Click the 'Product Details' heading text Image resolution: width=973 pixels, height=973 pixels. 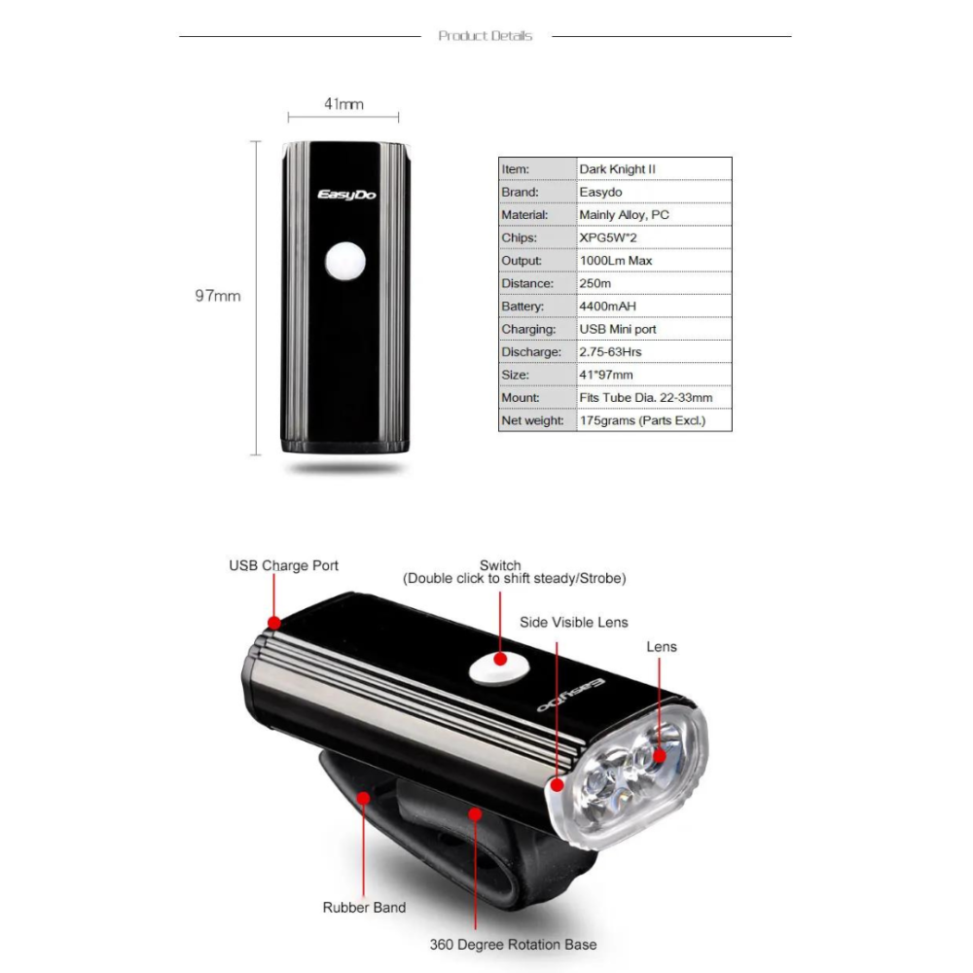[486, 36]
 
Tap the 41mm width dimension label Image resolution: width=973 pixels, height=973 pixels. [343, 103]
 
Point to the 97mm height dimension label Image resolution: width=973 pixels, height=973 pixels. [217, 296]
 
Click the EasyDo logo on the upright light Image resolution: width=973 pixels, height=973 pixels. [347, 196]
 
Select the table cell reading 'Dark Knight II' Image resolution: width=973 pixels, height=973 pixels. [617, 169]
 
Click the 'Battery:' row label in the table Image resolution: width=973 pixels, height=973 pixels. [523, 306]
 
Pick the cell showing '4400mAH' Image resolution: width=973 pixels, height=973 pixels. [607, 306]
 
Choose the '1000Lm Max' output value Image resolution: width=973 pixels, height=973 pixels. [615, 261]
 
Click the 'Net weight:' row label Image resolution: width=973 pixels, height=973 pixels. [532, 420]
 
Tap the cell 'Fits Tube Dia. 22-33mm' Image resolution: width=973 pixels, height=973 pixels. [645, 398]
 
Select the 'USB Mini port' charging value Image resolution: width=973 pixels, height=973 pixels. [617, 329]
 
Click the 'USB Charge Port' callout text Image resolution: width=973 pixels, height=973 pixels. [284, 565]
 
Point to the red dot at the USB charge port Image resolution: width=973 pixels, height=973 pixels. [274, 622]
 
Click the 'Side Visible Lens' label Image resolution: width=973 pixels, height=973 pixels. [574, 623]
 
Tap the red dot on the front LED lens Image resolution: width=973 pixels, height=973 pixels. [660, 755]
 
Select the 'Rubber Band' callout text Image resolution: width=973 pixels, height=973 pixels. [364, 908]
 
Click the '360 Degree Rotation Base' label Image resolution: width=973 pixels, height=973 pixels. [514, 944]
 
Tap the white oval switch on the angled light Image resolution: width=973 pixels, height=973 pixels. [496, 668]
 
